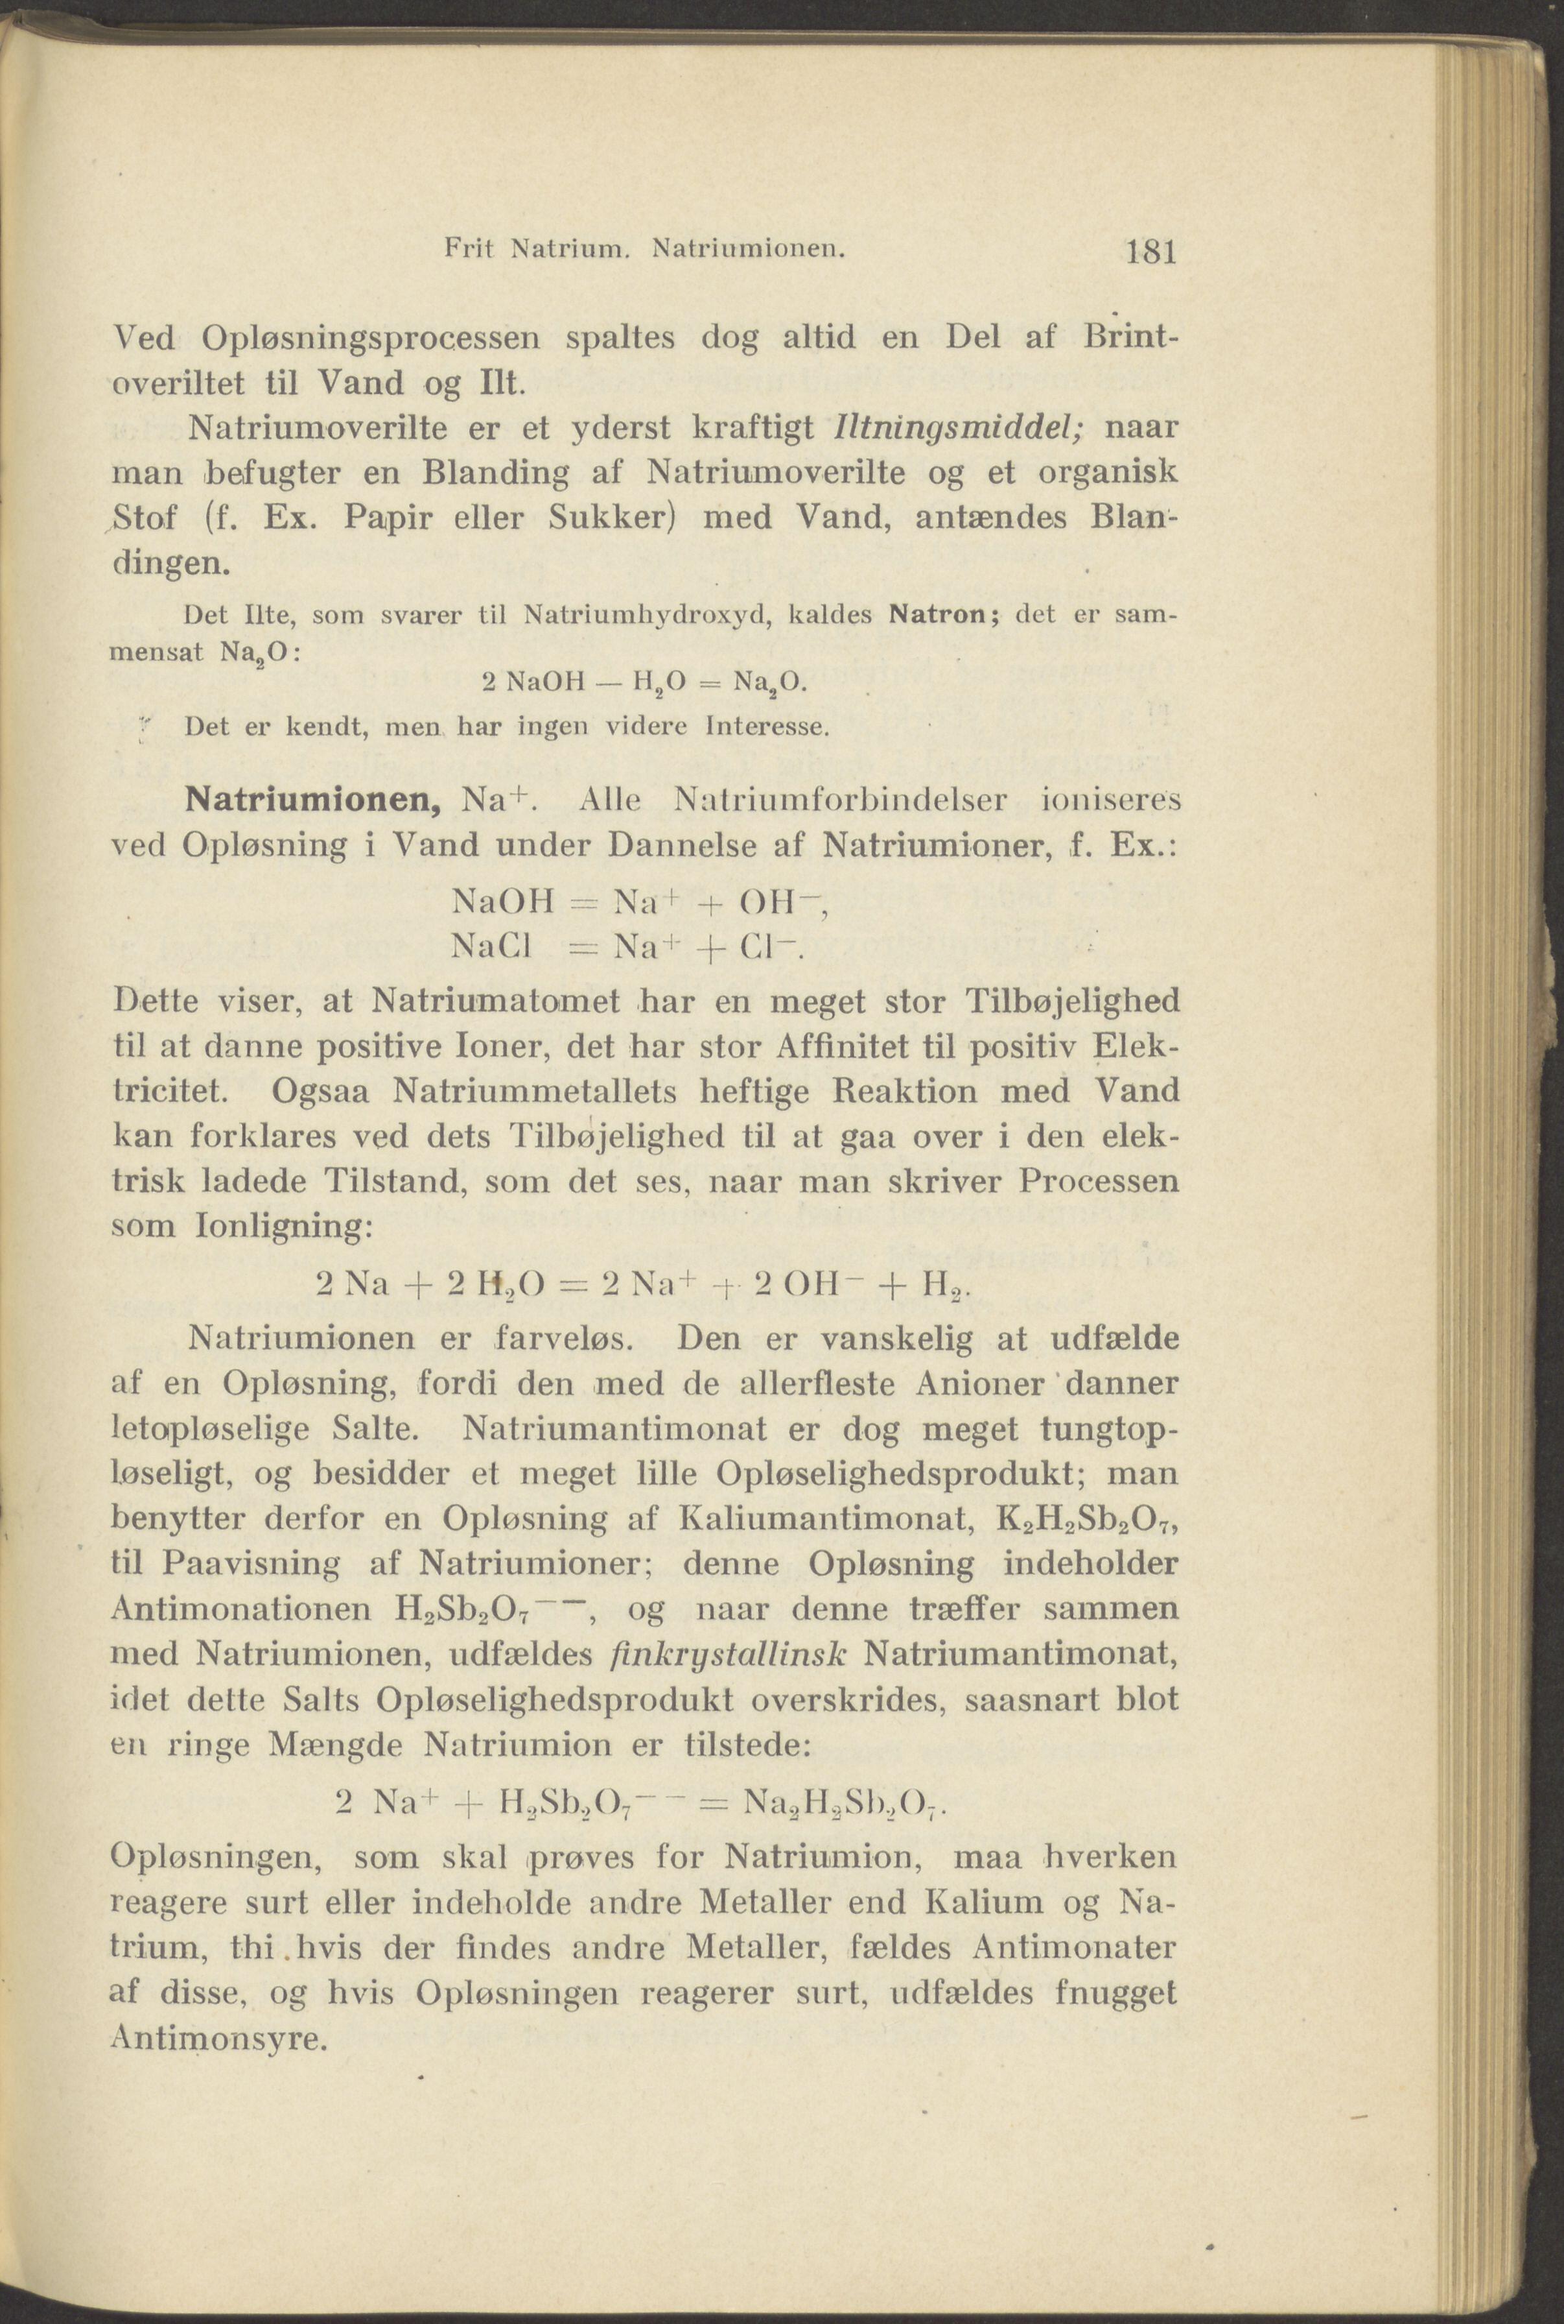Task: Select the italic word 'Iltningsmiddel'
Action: tap(951, 427)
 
